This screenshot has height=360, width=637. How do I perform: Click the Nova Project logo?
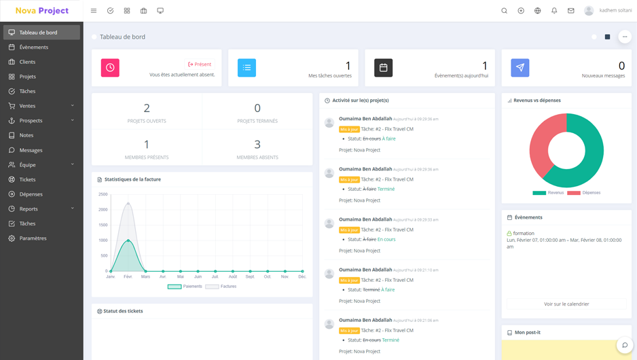point(42,11)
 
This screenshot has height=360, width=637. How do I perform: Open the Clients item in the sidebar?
point(27,62)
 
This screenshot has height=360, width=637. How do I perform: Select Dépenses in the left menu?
point(31,194)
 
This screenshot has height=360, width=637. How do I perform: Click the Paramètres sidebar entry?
point(33,238)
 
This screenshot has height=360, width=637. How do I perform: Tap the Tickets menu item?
point(27,179)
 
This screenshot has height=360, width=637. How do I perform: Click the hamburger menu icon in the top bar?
point(94,11)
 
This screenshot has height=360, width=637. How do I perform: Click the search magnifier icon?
point(504,11)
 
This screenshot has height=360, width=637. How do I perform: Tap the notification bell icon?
point(554,11)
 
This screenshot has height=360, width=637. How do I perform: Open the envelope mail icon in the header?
point(571,11)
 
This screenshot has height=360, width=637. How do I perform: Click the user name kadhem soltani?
point(615,11)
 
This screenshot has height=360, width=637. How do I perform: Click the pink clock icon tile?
point(110,68)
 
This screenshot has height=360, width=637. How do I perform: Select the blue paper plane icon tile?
point(520,68)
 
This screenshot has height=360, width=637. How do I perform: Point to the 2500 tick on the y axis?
point(103,194)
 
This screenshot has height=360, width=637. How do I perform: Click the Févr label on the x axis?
point(128,276)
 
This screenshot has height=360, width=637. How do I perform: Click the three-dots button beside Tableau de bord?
point(625,37)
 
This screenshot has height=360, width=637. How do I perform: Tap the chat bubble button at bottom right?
point(625,345)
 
